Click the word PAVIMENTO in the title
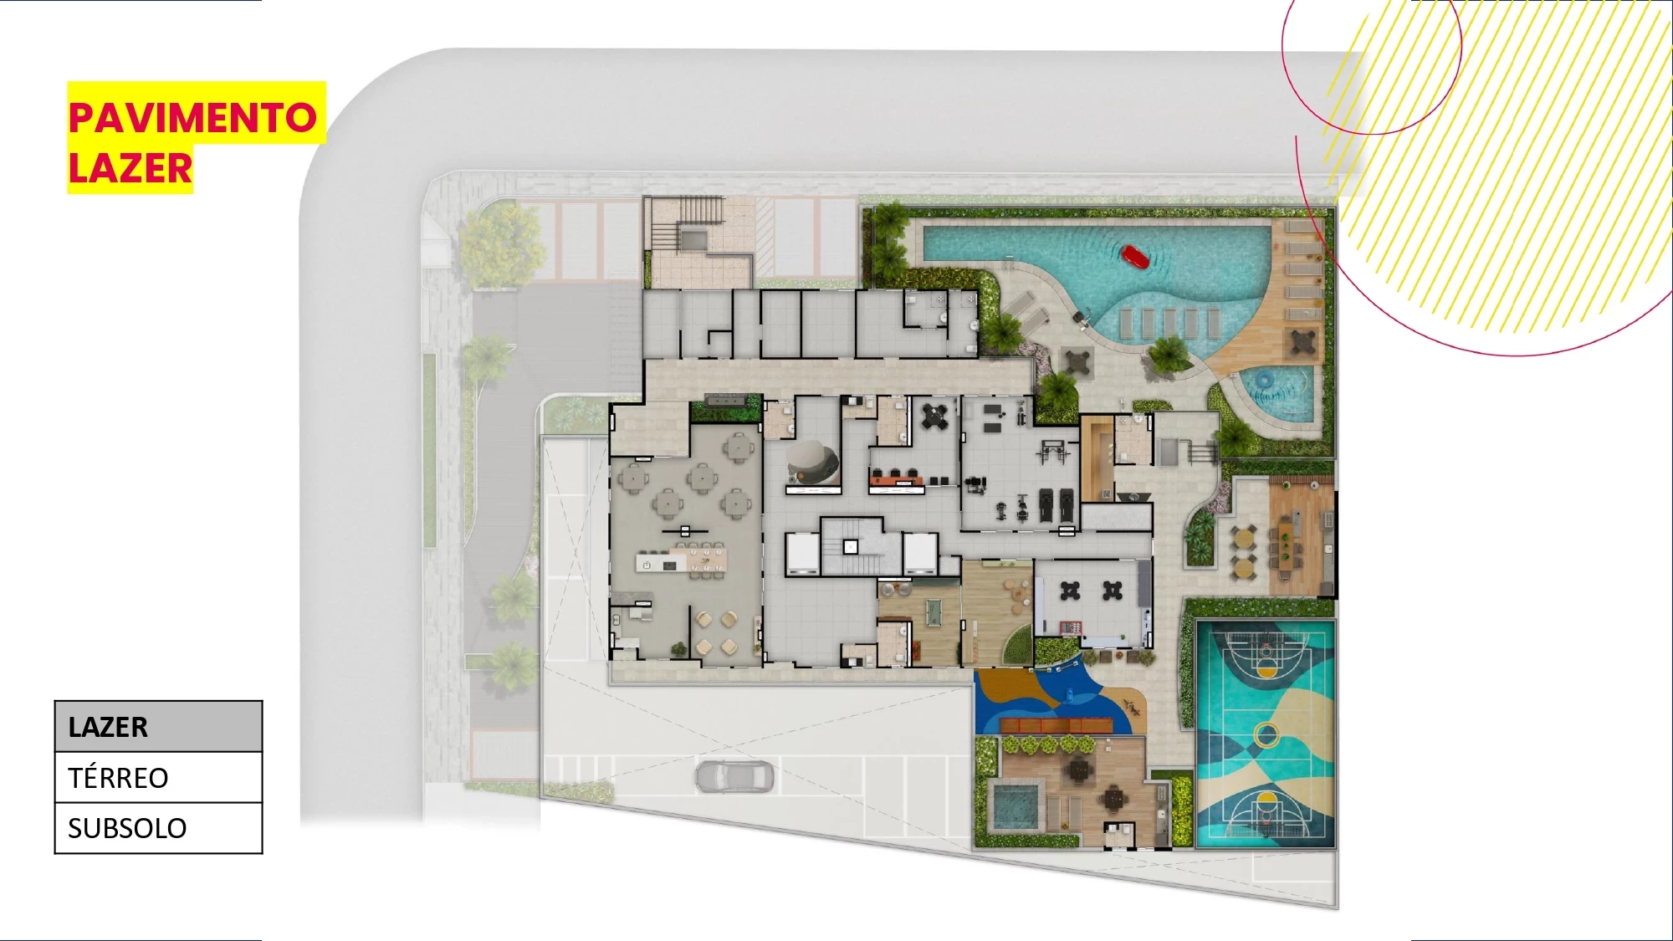click(192, 118)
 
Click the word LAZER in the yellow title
click(130, 168)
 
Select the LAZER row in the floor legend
click(158, 727)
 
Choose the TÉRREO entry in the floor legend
click(158, 778)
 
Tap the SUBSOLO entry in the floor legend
click(158, 828)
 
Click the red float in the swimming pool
click(1135, 256)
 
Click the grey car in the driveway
click(734, 777)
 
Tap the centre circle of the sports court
click(1266, 735)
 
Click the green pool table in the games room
click(935, 611)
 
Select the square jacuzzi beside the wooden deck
click(1015, 805)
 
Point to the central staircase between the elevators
click(852, 547)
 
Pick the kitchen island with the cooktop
click(661, 565)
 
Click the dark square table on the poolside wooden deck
click(1303, 340)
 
